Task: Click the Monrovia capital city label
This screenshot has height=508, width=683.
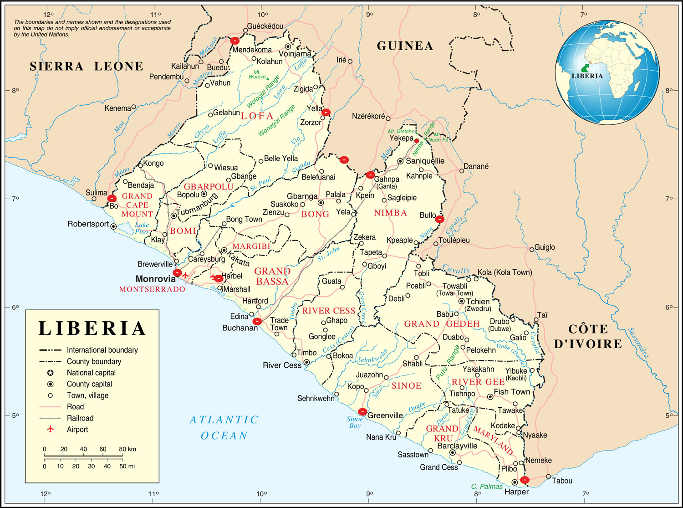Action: [x=155, y=279]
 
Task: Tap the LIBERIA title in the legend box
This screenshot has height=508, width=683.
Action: [x=92, y=328]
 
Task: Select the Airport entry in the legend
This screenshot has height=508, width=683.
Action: [x=77, y=429]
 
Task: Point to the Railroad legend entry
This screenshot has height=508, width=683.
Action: [x=80, y=418]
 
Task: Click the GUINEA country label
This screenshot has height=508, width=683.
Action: [x=404, y=46]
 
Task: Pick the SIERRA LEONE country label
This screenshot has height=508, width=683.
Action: [x=87, y=67]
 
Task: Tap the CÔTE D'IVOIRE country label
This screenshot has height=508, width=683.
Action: [x=588, y=336]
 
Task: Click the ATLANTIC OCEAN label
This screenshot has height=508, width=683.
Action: [x=224, y=427]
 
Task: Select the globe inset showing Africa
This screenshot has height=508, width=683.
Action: [x=607, y=73]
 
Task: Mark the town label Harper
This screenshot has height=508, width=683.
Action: [x=517, y=492]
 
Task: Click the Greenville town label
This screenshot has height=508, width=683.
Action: [x=385, y=416]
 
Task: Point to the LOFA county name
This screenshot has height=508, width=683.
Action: [x=257, y=116]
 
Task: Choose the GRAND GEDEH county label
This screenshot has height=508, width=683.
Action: [x=442, y=324]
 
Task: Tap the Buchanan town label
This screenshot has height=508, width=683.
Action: [x=240, y=328]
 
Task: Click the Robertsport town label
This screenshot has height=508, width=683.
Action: [x=88, y=224]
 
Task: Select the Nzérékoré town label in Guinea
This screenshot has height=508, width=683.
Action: [x=368, y=116]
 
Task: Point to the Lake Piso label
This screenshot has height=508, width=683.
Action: [x=142, y=228]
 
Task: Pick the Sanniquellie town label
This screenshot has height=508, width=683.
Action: [x=425, y=161]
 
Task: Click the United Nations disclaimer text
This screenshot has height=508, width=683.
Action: [x=92, y=28]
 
